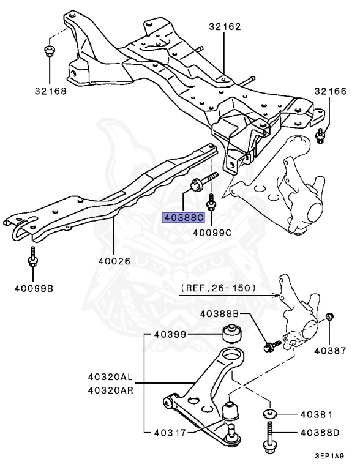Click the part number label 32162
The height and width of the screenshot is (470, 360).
(x=224, y=26)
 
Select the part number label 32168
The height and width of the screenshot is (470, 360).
(x=50, y=91)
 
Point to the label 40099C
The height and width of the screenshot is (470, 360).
(x=212, y=232)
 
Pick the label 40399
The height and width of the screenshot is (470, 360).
(x=170, y=334)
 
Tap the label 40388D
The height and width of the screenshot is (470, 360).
(x=319, y=432)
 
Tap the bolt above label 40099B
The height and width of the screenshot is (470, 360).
(x=32, y=259)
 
